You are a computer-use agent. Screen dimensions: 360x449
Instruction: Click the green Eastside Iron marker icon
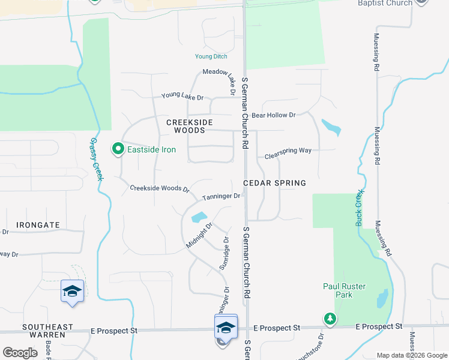coord(118,149)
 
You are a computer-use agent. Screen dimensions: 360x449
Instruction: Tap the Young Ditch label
coord(211,56)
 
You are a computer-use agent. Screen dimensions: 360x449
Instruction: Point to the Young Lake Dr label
coord(182,97)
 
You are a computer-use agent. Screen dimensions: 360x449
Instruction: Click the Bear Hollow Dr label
coord(274,115)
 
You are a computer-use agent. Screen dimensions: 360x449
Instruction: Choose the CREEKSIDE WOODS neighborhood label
coord(190,126)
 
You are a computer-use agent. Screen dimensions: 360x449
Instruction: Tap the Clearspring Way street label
coord(288,151)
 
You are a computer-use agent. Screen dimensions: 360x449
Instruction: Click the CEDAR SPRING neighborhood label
coord(274,183)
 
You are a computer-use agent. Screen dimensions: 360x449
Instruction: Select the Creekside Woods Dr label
coord(160,188)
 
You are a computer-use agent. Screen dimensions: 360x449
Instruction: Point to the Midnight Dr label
coord(200,236)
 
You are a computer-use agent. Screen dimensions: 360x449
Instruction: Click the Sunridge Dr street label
coord(224,253)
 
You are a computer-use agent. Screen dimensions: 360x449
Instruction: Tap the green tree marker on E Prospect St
coord(330,318)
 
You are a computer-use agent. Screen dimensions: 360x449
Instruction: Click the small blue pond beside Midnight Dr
coord(197,217)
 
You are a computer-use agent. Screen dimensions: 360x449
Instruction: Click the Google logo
coord(20,353)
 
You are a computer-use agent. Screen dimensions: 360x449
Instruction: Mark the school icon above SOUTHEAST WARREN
coord(72,291)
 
